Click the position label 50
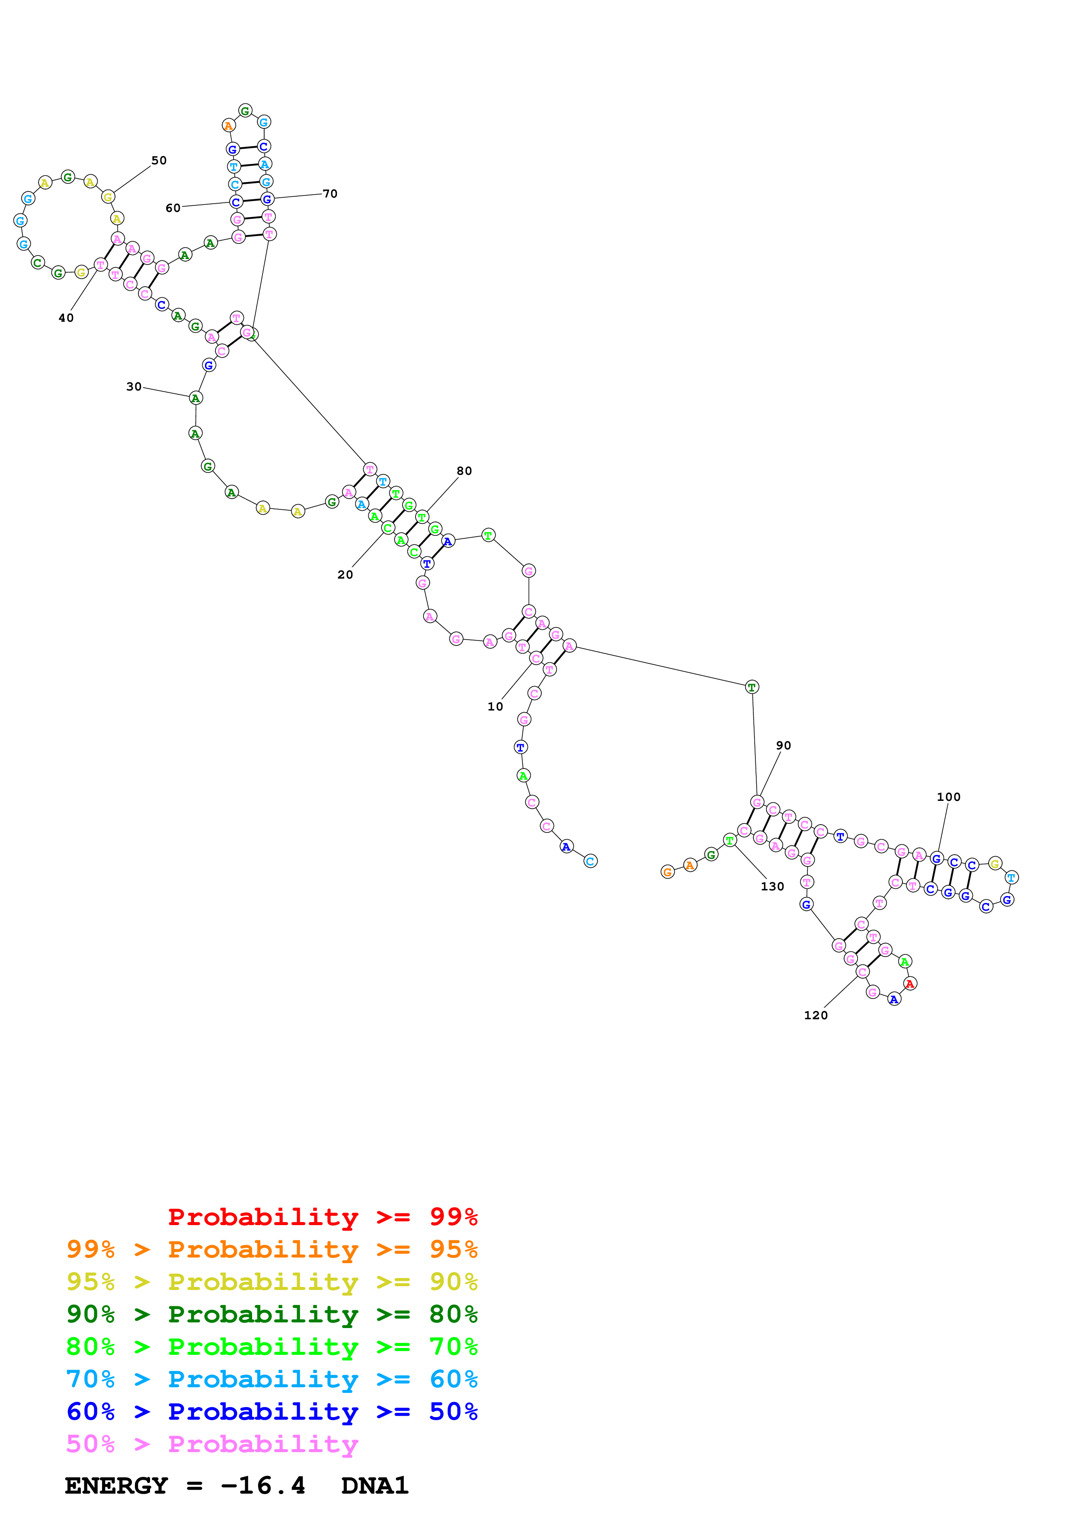point(159,160)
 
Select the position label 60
point(173,208)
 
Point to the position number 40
point(66,318)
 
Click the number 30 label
point(134,387)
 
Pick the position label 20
point(345,575)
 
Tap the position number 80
point(464,471)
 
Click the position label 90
point(784,745)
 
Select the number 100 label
point(948,797)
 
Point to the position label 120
point(816,1015)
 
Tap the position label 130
point(772,887)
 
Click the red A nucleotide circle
point(910,984)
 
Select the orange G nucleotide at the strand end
point(667,872)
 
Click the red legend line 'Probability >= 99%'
point(322,1216)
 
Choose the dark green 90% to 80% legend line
point(272,1314)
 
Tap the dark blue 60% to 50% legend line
point(272,1411)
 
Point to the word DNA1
point(374,1485)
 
